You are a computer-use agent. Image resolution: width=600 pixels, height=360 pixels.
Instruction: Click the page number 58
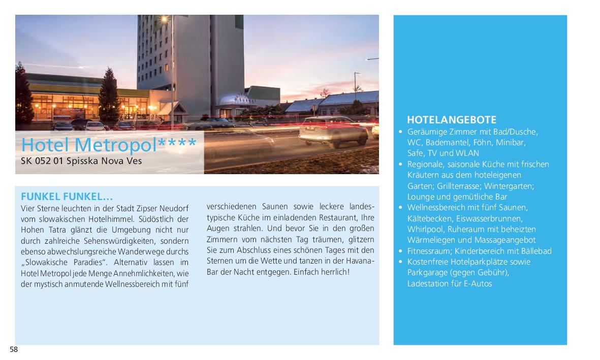[14, 349]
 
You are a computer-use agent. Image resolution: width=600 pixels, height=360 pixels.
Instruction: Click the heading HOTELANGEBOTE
[452, 120]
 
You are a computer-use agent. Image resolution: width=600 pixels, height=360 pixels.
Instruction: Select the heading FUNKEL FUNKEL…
[67, 197]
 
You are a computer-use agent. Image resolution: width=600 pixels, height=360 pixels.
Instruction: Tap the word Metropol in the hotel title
[120, 145]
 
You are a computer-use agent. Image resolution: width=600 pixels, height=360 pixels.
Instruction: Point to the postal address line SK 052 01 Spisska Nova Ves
[81, 161]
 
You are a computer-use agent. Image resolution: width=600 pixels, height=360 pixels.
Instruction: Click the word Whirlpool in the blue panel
[424, 229]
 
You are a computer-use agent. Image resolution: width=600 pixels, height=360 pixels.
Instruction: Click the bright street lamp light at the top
[164, 19]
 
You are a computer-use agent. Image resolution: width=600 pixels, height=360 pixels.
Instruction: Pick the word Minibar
[511, 142]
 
